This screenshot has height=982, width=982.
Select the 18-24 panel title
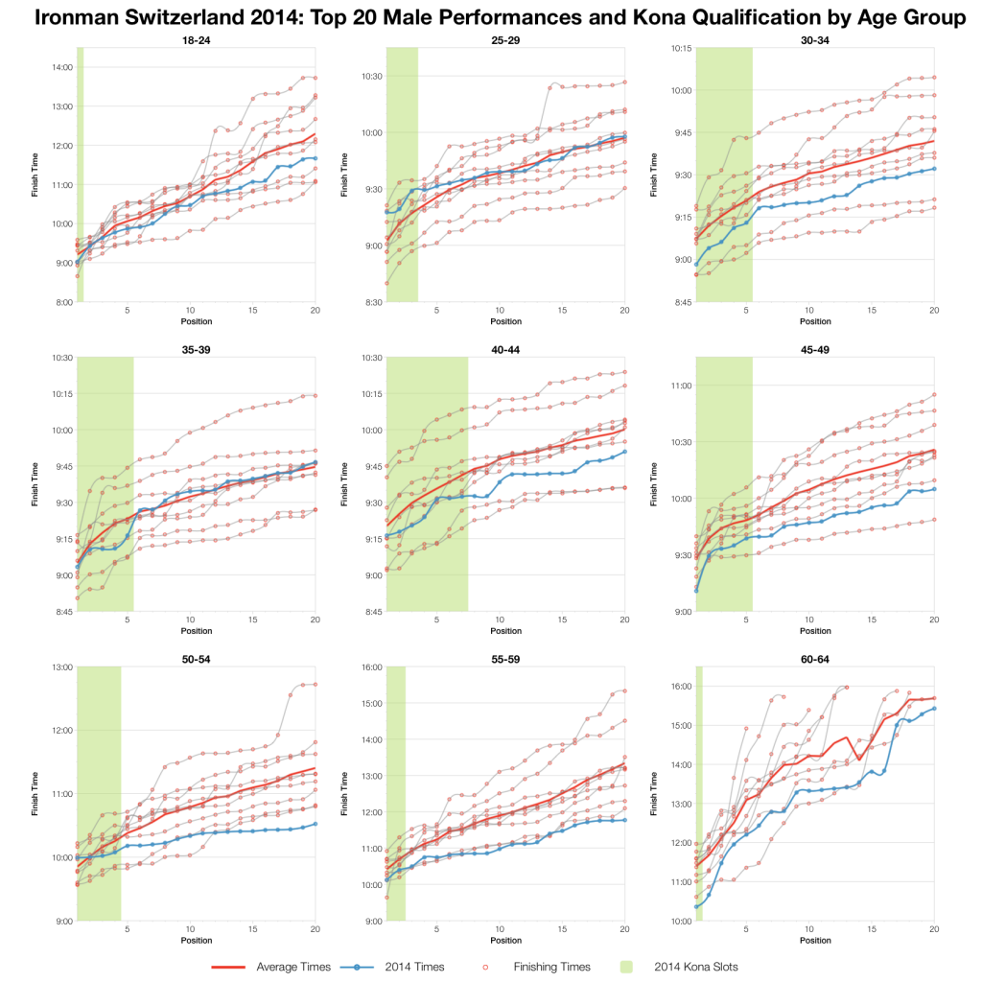(x=197, y=39)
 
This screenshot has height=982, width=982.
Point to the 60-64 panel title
(x=814, y=658)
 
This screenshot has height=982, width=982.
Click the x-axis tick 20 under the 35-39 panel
(x=316, y=621)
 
